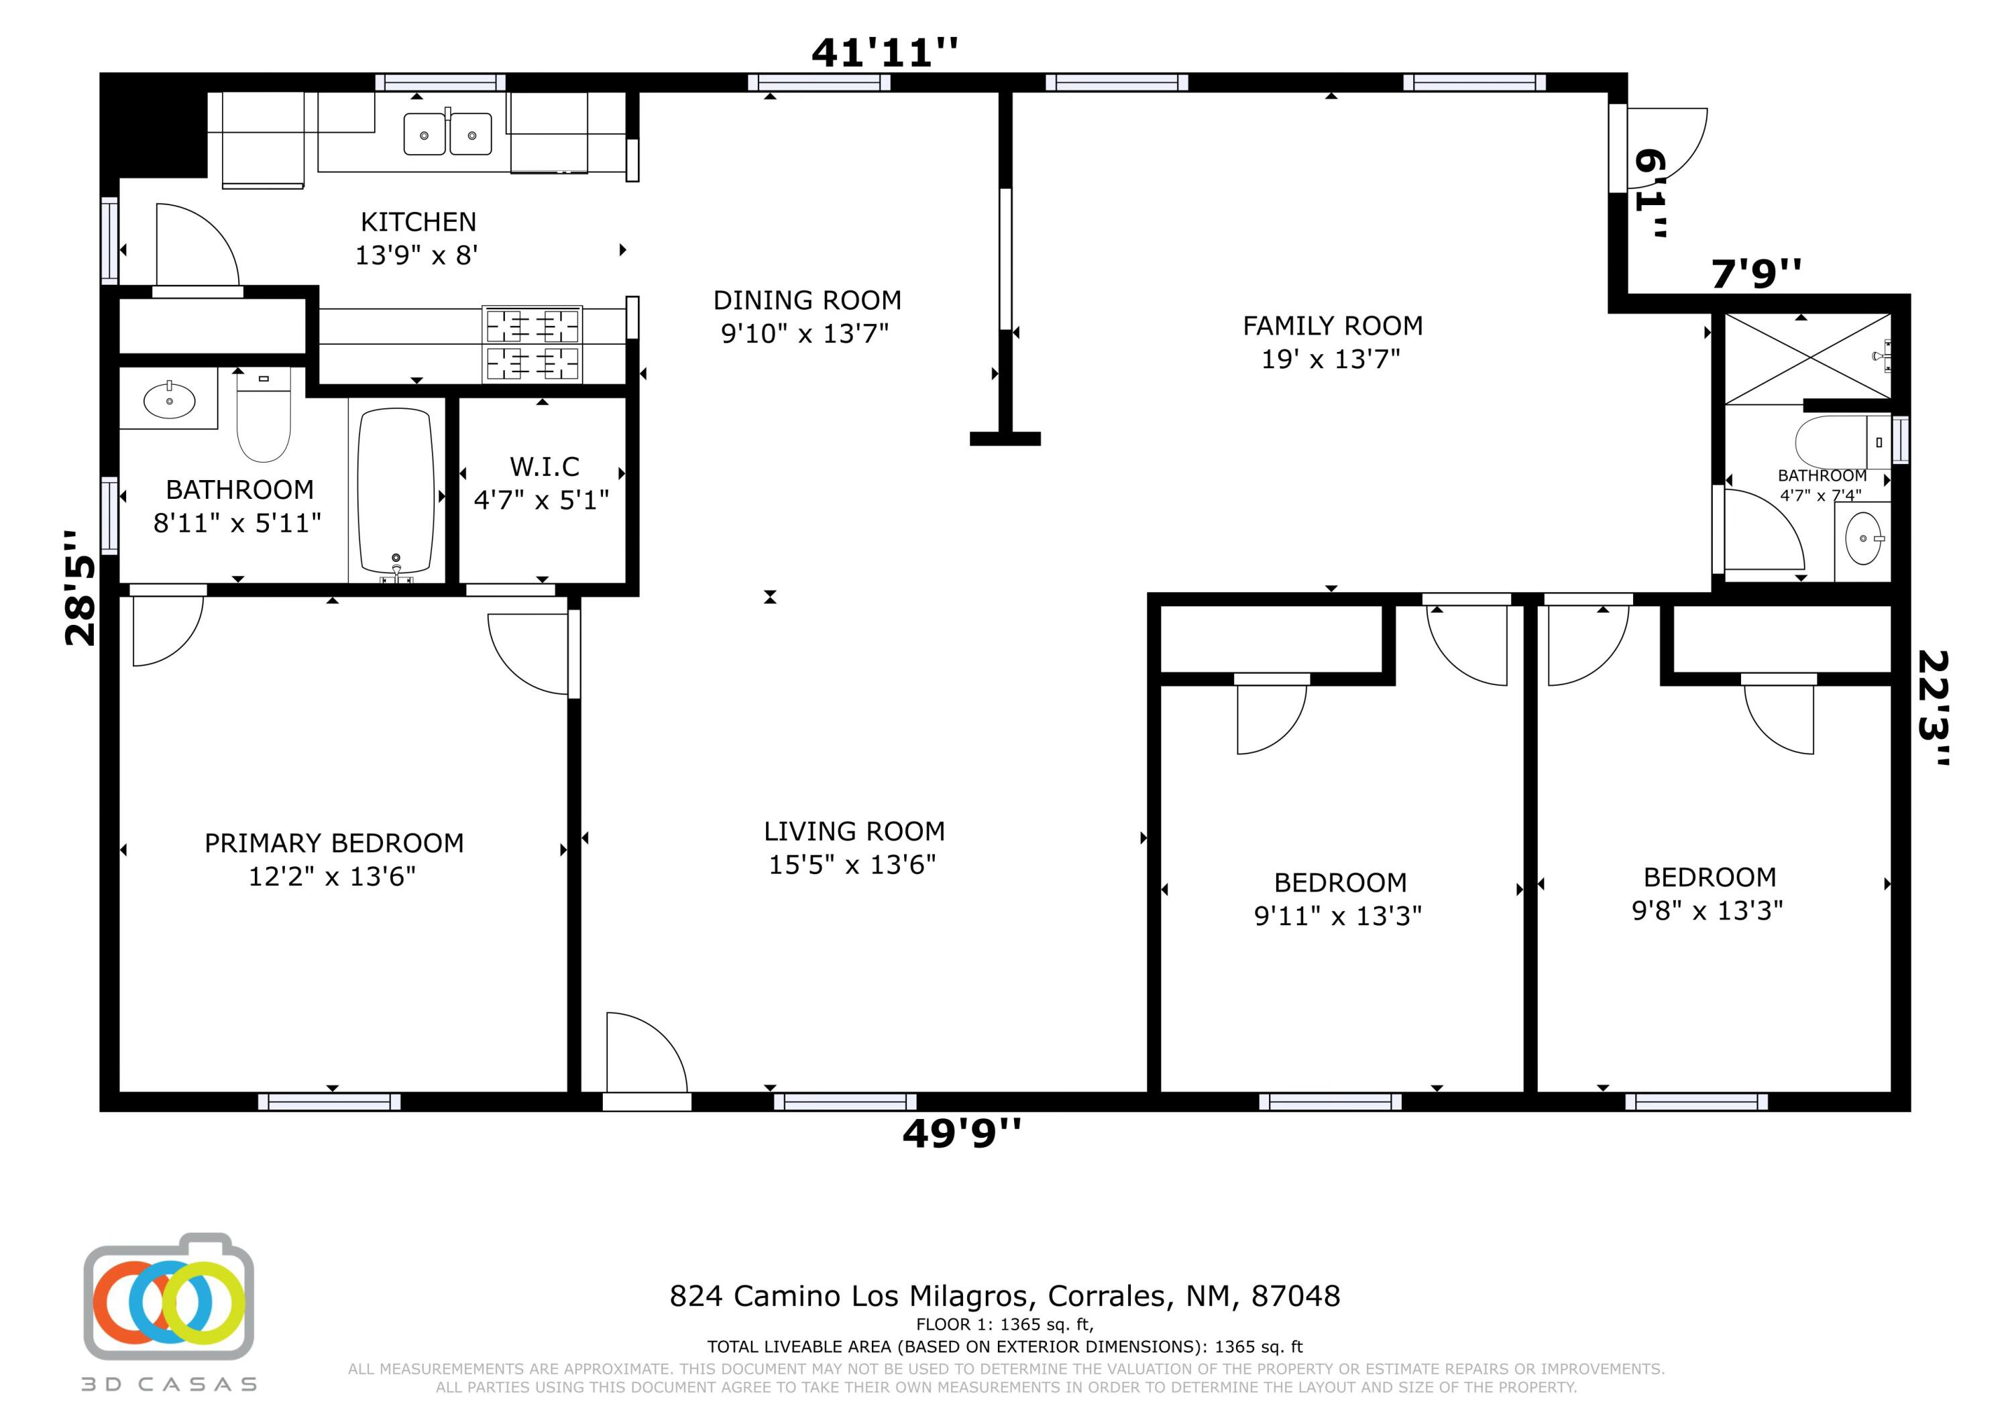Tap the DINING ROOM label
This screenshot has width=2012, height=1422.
pyautogui.click(x=807, y=300)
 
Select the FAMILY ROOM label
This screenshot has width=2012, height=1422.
pyautogui.click(x=1332, y=326)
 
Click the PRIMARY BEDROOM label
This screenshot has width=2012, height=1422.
pyautogui.click(x=334, y=843)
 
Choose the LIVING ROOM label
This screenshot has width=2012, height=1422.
pyautogui.click(x=854, y=831)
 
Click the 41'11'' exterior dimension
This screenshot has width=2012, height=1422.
pyautogui.click(x=884, y=52)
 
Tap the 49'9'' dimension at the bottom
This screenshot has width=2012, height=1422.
pyautogui.click(x=961, y=1134)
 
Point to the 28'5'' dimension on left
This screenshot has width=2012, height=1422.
pyautogui.click(x=80, y=588)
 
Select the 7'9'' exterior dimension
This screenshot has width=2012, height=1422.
pyautogui.click(x=1756, y=274)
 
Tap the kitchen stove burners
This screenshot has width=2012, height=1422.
pyautogui.click(x=532, y=345)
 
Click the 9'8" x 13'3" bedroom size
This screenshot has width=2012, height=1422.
pyautogui.click(x=1707, y=911)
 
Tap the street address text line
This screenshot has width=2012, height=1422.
pyautogui.click(x=1004, y=1296)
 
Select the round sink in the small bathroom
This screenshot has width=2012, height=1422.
pyautogui.click(x=1862, y=538)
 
